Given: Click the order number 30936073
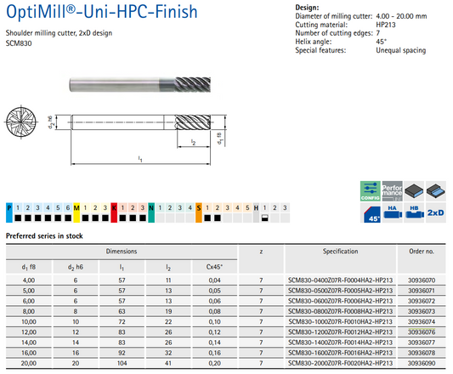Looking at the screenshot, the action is (422, 311).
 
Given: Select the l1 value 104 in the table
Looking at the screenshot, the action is (122, 363).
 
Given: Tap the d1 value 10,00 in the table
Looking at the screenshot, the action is (29, 321).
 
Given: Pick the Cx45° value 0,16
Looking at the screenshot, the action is (215, 353).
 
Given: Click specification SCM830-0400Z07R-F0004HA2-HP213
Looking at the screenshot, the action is (340, 280).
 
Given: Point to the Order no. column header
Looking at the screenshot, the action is (422, 252).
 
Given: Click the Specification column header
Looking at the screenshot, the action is (340, 252).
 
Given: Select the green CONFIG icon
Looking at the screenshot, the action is (370, 191).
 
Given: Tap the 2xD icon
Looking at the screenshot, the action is (436, 212).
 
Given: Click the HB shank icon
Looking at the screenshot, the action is (414, 212).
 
